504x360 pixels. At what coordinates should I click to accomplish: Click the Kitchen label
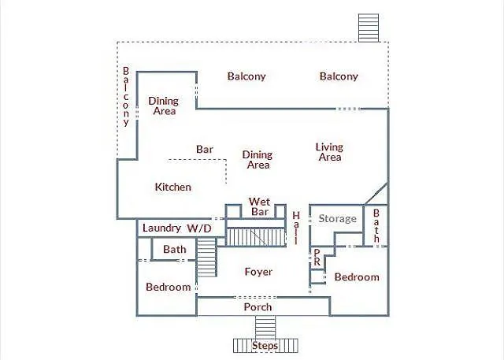pos(173,187)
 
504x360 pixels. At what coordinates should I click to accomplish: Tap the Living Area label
pos(329,152)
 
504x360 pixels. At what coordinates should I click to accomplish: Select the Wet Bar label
pos(260,207)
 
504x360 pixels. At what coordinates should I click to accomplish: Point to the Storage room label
pos(337,218)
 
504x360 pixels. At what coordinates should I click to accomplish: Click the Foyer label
pos(258,272)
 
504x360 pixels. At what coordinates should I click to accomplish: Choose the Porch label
pos(258,306)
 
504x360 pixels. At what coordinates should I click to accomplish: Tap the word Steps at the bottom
pos(266,345)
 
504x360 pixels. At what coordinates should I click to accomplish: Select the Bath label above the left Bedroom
pos(175,250)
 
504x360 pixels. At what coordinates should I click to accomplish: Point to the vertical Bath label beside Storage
pos(376,226)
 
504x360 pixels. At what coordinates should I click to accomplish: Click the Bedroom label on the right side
pos(357,276)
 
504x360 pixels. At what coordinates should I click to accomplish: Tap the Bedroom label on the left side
pos(169,287)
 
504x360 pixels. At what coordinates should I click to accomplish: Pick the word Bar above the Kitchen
pos(205,149)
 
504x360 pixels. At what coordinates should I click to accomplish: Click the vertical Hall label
pos(296,228)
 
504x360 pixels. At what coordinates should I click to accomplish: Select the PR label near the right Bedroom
pos(317,258)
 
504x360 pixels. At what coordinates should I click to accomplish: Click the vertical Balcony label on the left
pos(125,97)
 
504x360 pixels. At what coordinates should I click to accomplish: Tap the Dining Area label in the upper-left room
pos(164,106)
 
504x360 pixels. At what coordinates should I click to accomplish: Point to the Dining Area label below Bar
pos(258,160)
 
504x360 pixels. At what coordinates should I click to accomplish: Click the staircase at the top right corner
pos(368,28)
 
